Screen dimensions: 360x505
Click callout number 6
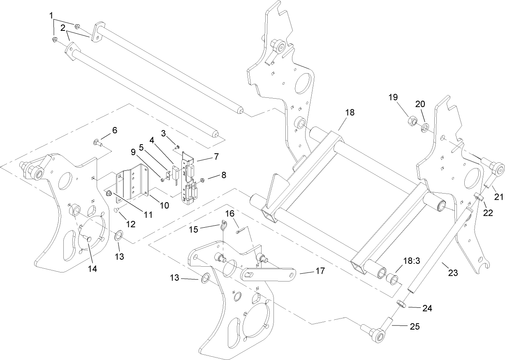tap(114, 130)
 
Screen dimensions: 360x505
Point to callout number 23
tap(452, 272)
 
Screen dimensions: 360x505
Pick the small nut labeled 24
tap(401, 305)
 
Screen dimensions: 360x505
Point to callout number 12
tap(130, 224)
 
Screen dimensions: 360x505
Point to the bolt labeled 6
tap(96, 143)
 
